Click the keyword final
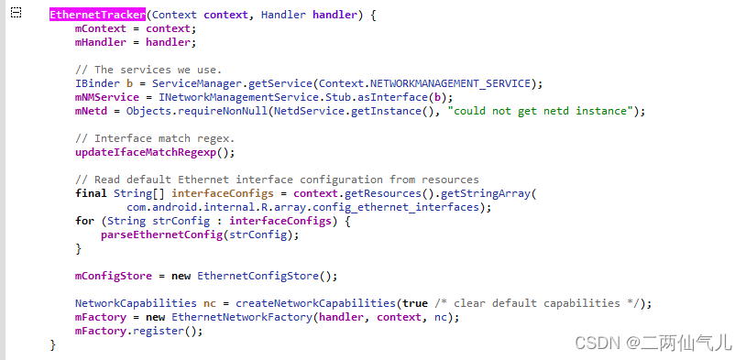(91, 193)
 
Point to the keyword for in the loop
(84, 221)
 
